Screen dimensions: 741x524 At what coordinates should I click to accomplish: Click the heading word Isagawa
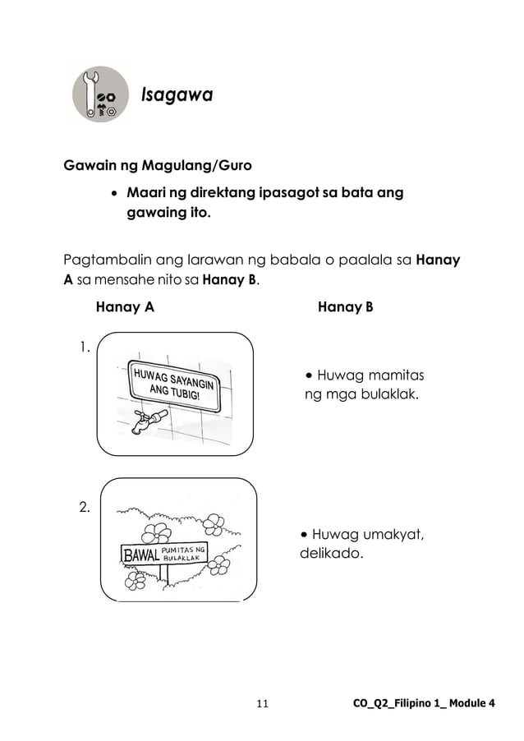point(177,96)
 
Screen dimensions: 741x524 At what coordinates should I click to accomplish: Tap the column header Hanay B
point(346,309)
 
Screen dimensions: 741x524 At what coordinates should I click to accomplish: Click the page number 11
point(263,704)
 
